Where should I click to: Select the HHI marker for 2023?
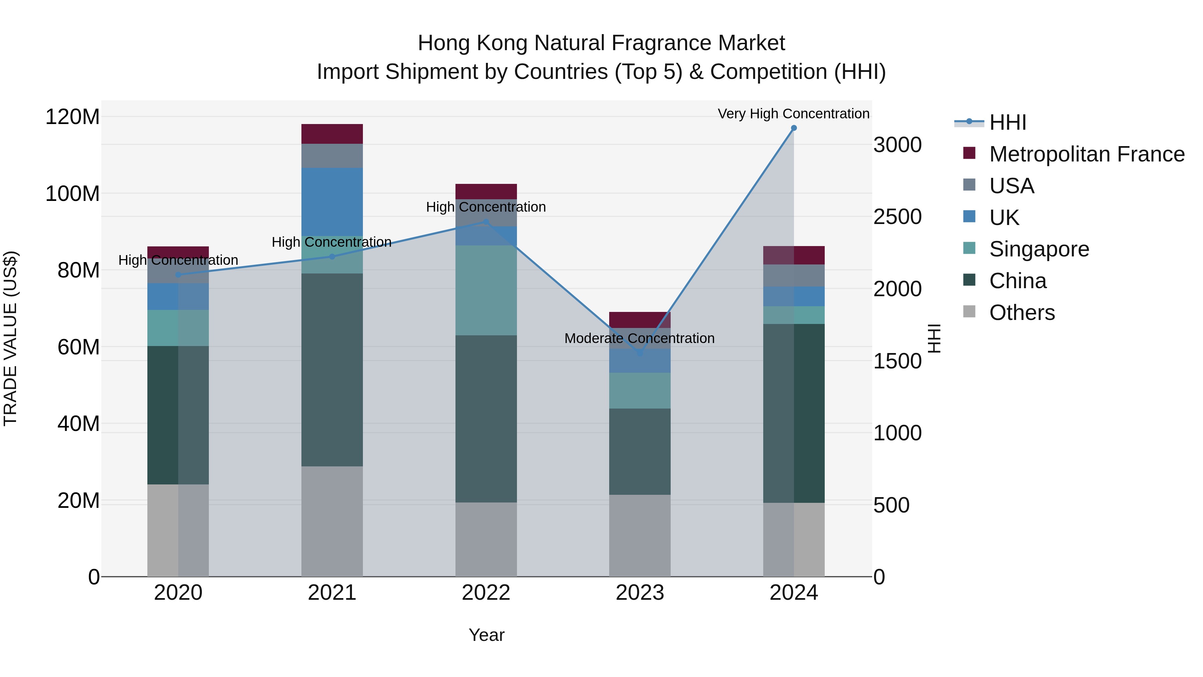[x=640, y=354]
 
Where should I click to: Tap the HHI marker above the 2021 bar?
[x=332, y=256]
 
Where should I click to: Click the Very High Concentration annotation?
[x=793, y=114]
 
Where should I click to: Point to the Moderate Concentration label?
[x=639, y=338]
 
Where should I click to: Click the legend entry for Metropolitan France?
[x=1086, y=154]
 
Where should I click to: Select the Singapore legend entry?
[x=1039, y=249]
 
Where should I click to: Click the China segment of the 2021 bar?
[x=332, y=369]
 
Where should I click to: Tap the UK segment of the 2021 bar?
[x=332, y=201]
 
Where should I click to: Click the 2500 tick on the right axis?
[x=897, y=217]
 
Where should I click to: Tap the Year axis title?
[x=486, y=635]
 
